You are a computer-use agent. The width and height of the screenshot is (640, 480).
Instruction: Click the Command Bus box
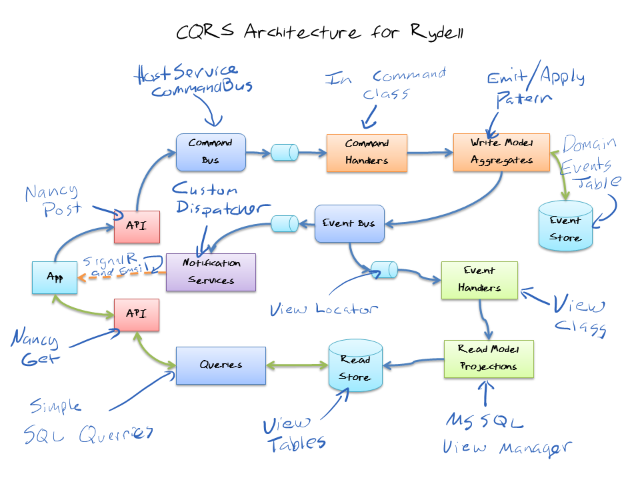coord(211,151)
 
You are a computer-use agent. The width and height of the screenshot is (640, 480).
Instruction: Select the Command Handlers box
coord(366,153)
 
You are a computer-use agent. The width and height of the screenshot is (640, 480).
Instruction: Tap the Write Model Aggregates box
coord(501,151)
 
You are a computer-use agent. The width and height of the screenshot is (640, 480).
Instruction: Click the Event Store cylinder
coord(565,227)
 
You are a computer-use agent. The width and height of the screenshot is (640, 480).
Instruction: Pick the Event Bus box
coord(349,223)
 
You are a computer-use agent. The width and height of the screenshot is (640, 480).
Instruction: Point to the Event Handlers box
coord(479,280)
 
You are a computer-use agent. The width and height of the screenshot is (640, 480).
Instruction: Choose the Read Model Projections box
coord(489,359)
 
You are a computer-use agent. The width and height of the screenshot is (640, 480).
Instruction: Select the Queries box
coord(221,365)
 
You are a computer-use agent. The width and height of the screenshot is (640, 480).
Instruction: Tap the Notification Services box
coord(211,272)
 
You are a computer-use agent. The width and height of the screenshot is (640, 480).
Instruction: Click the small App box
coord(55,277)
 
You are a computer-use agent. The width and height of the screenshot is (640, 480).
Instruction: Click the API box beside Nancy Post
coord(137,227)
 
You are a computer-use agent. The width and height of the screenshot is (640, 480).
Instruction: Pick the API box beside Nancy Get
coord(137,315)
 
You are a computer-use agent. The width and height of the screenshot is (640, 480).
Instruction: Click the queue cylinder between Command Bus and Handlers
coord(285,153)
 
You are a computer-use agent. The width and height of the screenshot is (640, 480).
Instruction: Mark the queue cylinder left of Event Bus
coord(285,224)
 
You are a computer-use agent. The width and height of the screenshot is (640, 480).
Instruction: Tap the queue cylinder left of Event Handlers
coord(385,269)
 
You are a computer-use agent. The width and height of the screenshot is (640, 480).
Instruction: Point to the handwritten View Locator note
coord(324,309)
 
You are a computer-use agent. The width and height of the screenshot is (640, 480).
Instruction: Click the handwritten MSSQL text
coord(485,421)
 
